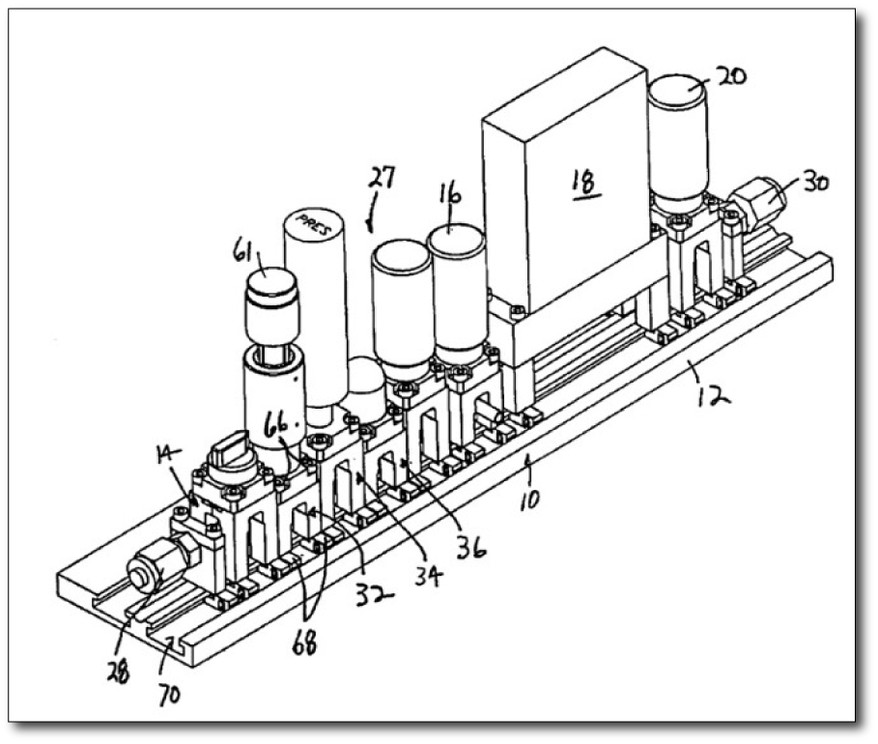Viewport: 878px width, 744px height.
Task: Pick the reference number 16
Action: pyautogui.click(x=450, y=196)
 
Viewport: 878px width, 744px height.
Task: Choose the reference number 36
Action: pyautogui.click(x=473, y=547)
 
